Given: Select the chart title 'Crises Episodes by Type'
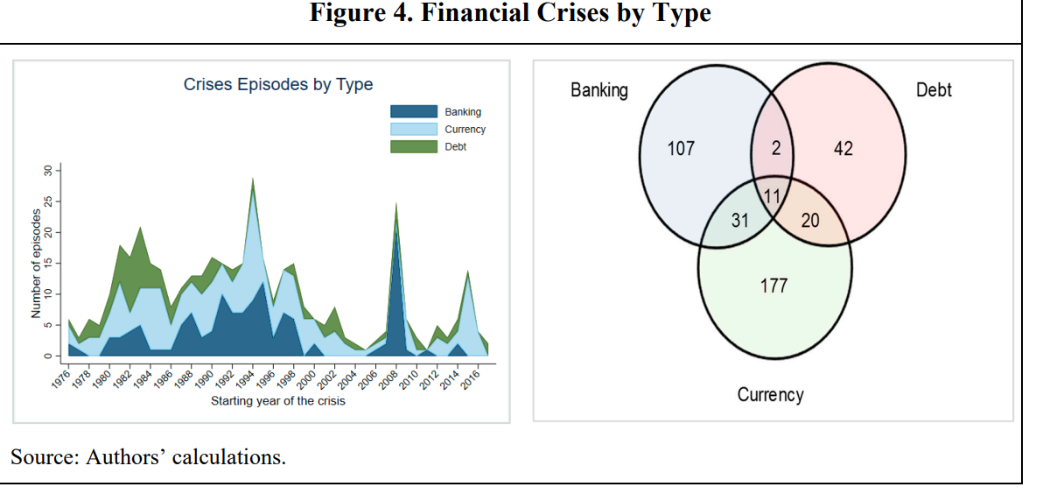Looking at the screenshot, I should [277, 85].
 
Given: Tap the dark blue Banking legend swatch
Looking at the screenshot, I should [413, 112].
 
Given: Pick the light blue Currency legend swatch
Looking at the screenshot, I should [413, 130].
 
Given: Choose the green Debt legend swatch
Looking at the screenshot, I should [413, 147].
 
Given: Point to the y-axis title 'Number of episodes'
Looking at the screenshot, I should [36, 263].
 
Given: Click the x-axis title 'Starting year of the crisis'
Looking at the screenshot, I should [277, 401].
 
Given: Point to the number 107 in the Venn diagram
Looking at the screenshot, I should [681, 149].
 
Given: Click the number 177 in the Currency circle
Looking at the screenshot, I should [773, 286].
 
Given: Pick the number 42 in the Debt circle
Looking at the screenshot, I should [843, 149].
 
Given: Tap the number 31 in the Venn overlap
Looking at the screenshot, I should [739, 220].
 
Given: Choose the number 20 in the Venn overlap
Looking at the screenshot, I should [810, 220].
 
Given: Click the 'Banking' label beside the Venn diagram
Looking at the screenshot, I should [599, 90].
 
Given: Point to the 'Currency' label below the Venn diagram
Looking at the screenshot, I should [770, 394].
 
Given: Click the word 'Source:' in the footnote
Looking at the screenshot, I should [43, 457].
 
